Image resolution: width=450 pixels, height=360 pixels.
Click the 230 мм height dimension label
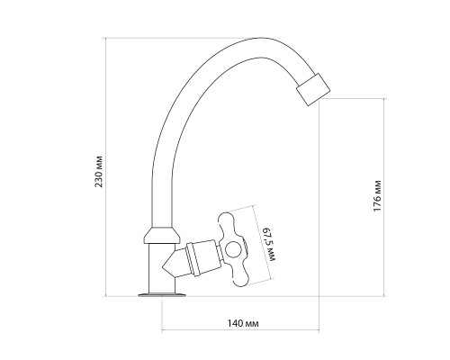pyautogui.click(x=99, y=172)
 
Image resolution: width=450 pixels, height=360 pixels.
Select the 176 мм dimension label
pyautogui.click(x=377, y=195)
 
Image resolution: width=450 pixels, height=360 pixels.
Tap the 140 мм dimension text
pyautogui.click(x=243, y=323)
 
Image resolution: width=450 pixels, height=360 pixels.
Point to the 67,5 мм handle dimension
pyautogui.click(x=269, y=244)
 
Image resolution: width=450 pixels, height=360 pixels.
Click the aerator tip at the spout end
pyautogui.click(x=313, y=89)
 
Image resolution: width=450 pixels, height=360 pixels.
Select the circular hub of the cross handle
pyautogui.click(x=233, y=250)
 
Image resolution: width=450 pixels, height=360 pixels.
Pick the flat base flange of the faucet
pyautogui.click(x=162, y=294)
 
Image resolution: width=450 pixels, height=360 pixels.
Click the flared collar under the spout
pyautogui.click(x=162, y=235)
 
